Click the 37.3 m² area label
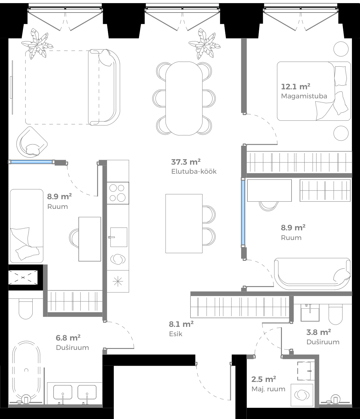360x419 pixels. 186,162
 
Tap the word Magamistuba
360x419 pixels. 304,96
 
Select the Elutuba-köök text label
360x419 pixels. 194,172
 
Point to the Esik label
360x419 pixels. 176,334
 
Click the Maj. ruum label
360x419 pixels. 268,389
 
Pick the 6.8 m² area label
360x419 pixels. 68,338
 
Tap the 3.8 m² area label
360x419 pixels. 319,332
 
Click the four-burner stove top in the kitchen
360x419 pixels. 118,193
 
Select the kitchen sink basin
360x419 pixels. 119,237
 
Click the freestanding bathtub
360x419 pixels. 26,370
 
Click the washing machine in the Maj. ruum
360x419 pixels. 301,395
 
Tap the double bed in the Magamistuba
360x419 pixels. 314,91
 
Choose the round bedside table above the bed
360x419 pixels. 341,49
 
